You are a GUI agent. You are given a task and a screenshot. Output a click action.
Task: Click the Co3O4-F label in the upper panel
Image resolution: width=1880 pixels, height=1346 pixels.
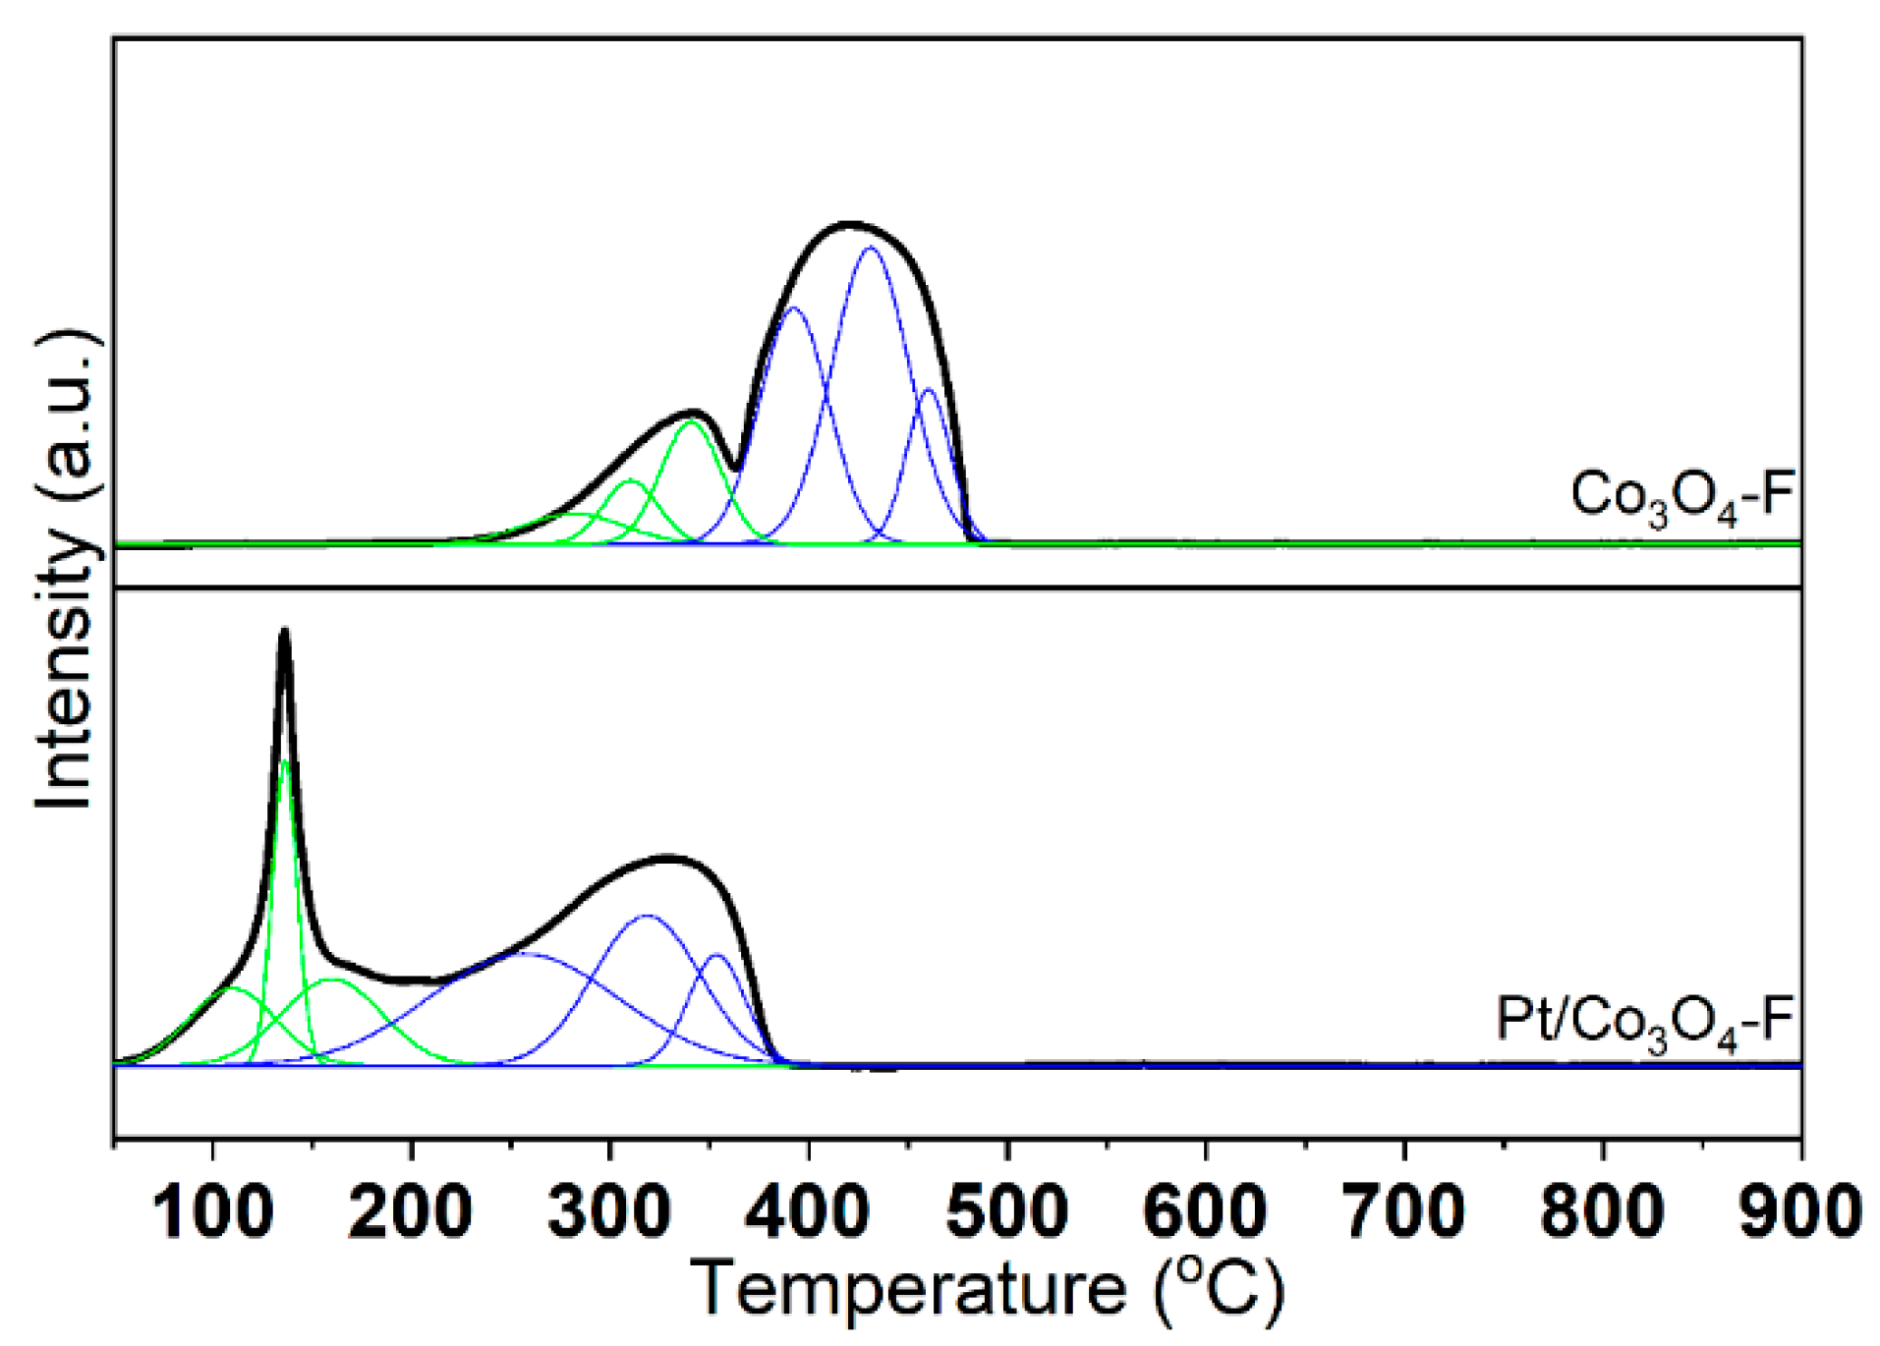1681,497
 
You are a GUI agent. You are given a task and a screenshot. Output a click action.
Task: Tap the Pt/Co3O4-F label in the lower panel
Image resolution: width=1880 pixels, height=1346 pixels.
1644,1023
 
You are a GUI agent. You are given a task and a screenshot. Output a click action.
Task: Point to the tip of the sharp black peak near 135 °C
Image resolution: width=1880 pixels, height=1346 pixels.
285,631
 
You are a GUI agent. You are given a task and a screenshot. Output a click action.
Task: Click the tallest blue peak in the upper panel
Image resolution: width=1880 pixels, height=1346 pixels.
869,248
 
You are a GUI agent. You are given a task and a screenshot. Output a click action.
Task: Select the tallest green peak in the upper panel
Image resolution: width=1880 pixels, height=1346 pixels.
692,421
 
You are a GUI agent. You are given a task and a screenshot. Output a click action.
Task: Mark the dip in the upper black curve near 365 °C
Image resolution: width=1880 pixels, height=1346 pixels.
735,468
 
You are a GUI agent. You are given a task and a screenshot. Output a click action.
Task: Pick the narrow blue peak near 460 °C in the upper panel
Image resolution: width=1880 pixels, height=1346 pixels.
928,391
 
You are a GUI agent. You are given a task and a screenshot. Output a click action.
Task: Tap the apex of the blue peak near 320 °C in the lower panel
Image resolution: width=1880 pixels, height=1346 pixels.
647,916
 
